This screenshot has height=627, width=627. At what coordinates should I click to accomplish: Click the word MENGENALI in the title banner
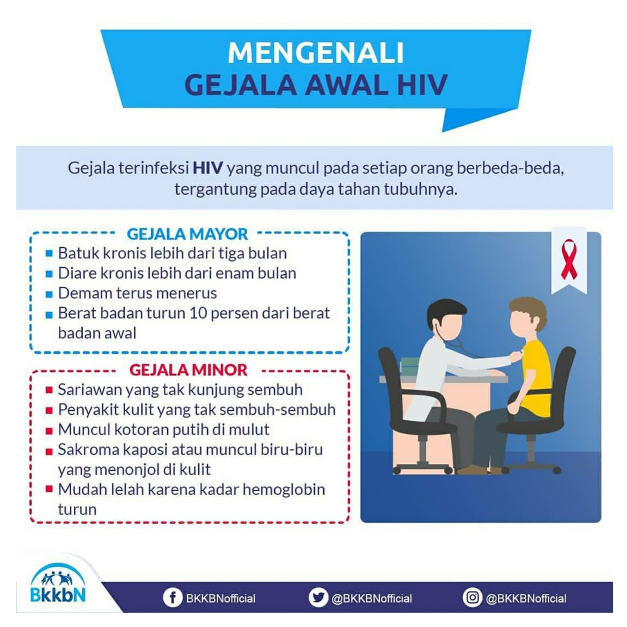tap(315, 53)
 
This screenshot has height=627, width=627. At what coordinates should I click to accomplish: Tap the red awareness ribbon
tap(569, 259)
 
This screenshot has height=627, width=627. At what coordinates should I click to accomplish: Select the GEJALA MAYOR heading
tap(187, 234)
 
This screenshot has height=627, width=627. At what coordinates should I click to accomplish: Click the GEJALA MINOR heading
tap(188, 370)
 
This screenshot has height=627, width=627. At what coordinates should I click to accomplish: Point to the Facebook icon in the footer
tap(172, 598)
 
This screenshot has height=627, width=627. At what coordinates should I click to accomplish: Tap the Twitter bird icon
tap(318, 598)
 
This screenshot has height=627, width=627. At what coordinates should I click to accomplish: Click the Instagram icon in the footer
tap(472, 598)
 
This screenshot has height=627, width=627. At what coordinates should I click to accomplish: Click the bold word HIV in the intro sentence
tap(208, 168)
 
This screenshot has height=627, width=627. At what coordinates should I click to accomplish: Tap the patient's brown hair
tap(529, 310)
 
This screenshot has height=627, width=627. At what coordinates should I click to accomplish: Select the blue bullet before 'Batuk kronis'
tap(49, 254)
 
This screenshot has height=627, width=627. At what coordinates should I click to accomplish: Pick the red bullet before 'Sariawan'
tap(49, 390)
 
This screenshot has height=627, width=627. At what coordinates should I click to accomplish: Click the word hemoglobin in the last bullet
tap(284, 489)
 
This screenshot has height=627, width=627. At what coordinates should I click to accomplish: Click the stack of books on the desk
tap(410, 365)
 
